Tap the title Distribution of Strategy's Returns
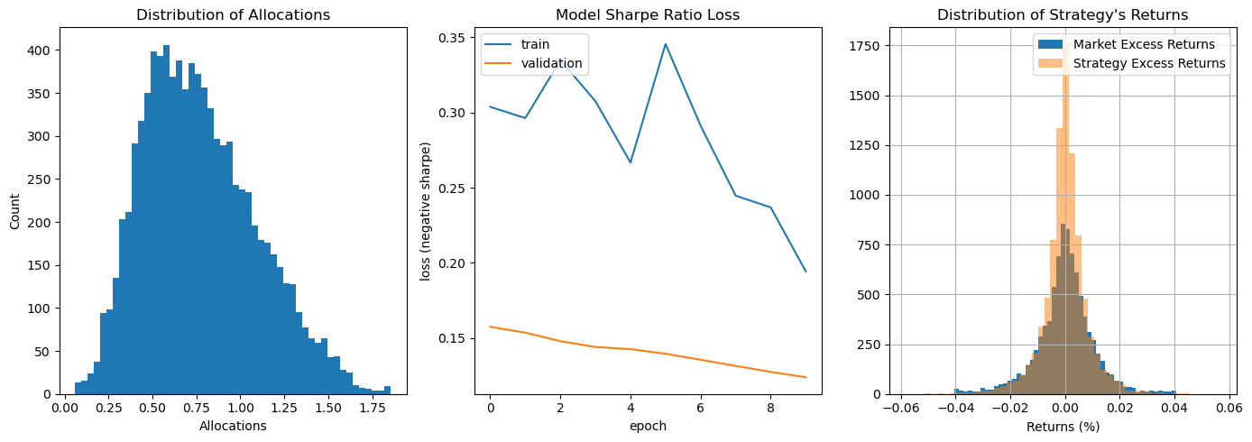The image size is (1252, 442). tap(1063, 14)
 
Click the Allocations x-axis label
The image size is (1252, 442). tap(233, 426)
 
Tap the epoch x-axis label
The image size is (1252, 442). tap(648, 426)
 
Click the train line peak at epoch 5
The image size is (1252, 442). tap(666, 43)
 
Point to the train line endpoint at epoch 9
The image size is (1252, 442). tap(806, 272)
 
